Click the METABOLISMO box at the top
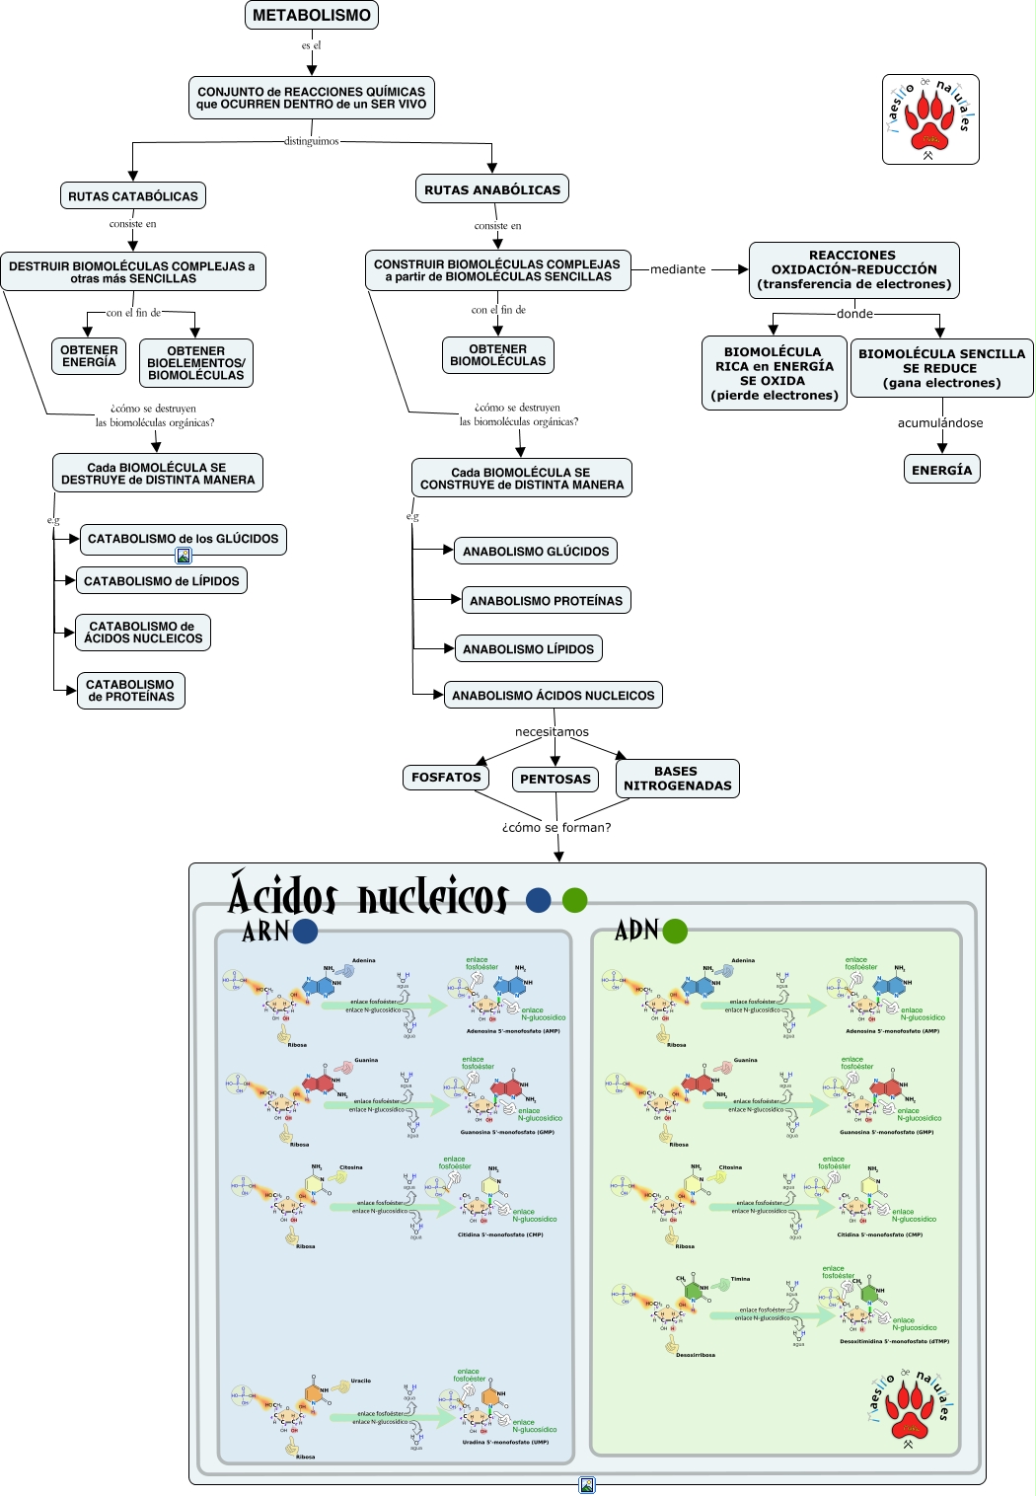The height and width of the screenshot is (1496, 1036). point(312,15)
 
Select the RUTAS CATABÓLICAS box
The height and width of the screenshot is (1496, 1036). point(133,196)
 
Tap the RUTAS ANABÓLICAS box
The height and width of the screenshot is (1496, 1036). point(492,189)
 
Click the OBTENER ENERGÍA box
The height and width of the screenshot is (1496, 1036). point(89,356)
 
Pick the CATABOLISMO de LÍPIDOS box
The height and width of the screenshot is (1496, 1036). point(162,581)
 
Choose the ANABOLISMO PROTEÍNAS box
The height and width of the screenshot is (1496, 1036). point(546,600)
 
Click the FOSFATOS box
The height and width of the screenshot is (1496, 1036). point(446,778)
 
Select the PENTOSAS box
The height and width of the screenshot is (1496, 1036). point(555,779)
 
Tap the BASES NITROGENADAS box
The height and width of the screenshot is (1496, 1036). point(678,779)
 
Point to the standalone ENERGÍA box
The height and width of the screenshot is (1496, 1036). point(941,470)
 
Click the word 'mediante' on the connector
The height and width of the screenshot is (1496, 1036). point(678,269)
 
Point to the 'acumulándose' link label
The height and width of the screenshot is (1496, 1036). point(940,423)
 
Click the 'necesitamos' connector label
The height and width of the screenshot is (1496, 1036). point(552,732)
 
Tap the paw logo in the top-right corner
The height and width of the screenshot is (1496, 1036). point(930,119)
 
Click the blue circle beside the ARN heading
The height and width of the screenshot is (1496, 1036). point(306,931)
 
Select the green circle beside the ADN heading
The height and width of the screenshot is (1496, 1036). point(675,931)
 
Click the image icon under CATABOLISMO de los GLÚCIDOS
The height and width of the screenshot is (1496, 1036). point(184,556)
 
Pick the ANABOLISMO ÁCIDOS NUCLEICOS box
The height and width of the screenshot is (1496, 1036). point(553,696)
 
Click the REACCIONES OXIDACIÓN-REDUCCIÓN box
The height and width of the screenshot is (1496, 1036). point(853,269)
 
